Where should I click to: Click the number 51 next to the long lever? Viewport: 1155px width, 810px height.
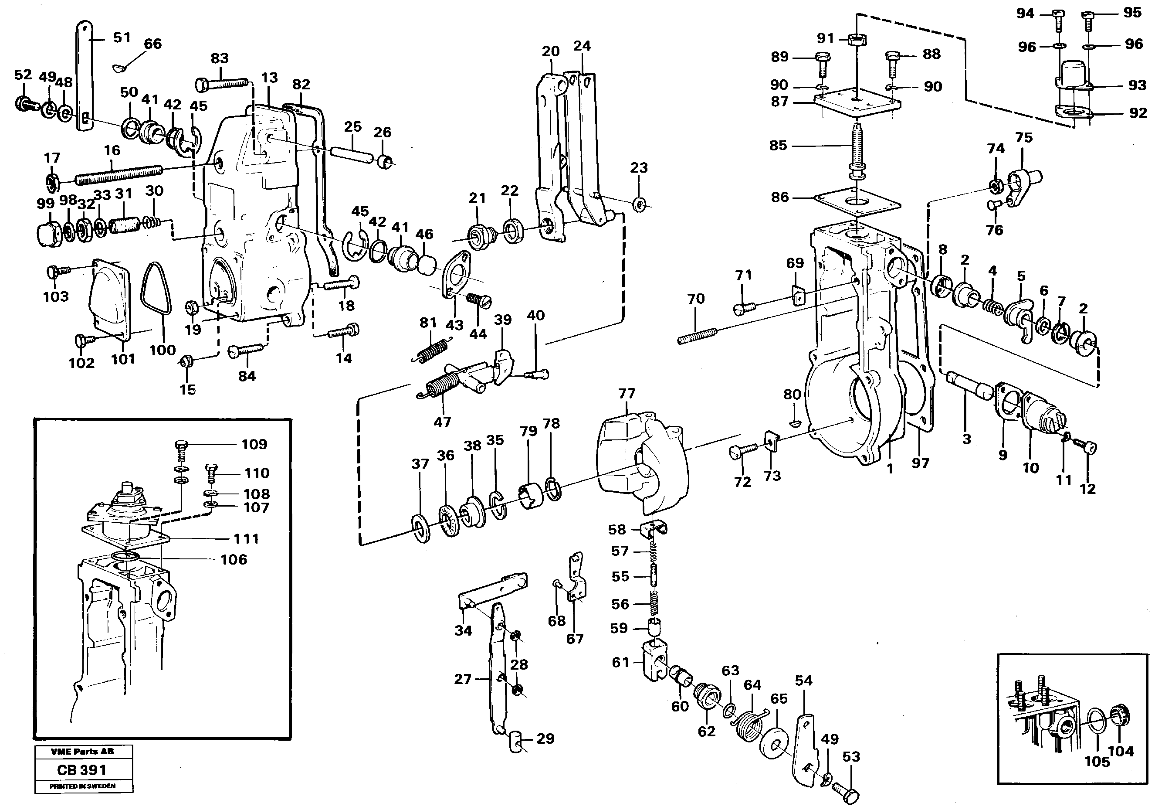click(x=122, y=38)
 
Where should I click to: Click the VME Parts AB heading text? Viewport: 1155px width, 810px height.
click(x=82, y=752)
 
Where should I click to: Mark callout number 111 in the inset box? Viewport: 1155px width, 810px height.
click(x=246, y=539)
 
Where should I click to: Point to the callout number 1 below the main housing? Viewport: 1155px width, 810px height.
click(x=889, y=469)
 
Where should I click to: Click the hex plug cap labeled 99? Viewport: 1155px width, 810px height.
click(x=50, y=235)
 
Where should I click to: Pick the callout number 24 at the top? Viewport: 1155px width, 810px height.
click(x=582, y=46)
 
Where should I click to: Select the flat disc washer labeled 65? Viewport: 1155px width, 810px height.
click(x=774, y=742)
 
